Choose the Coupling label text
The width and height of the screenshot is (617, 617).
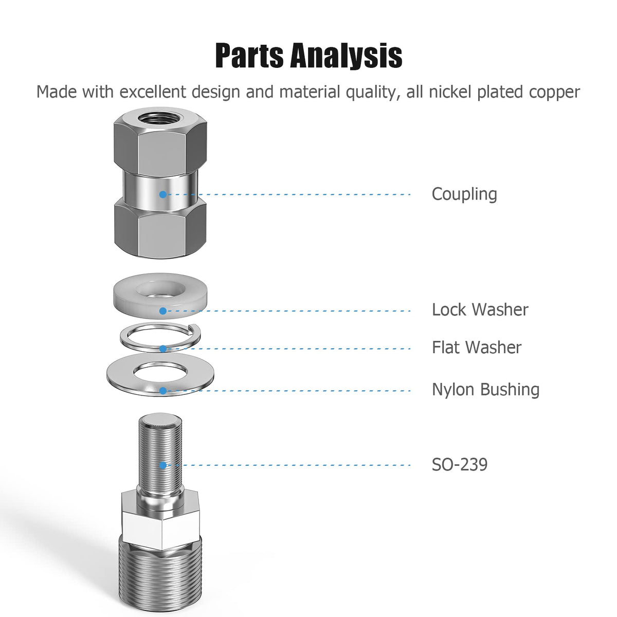click(464, 194)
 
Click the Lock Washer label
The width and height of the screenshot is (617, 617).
click(480, 310)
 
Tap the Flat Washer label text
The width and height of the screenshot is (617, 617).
click(477, 348)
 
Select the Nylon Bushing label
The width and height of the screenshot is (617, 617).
click(485, 389)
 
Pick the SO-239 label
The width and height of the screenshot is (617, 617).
click(459, 465)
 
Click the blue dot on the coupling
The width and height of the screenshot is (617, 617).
click(163, 194)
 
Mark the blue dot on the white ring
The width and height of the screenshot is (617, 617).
click(163, 311)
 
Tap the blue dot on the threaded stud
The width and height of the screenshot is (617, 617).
click(163, 465)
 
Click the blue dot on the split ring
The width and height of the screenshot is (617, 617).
click(163, 349)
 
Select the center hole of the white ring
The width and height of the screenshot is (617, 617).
click(161, 290)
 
